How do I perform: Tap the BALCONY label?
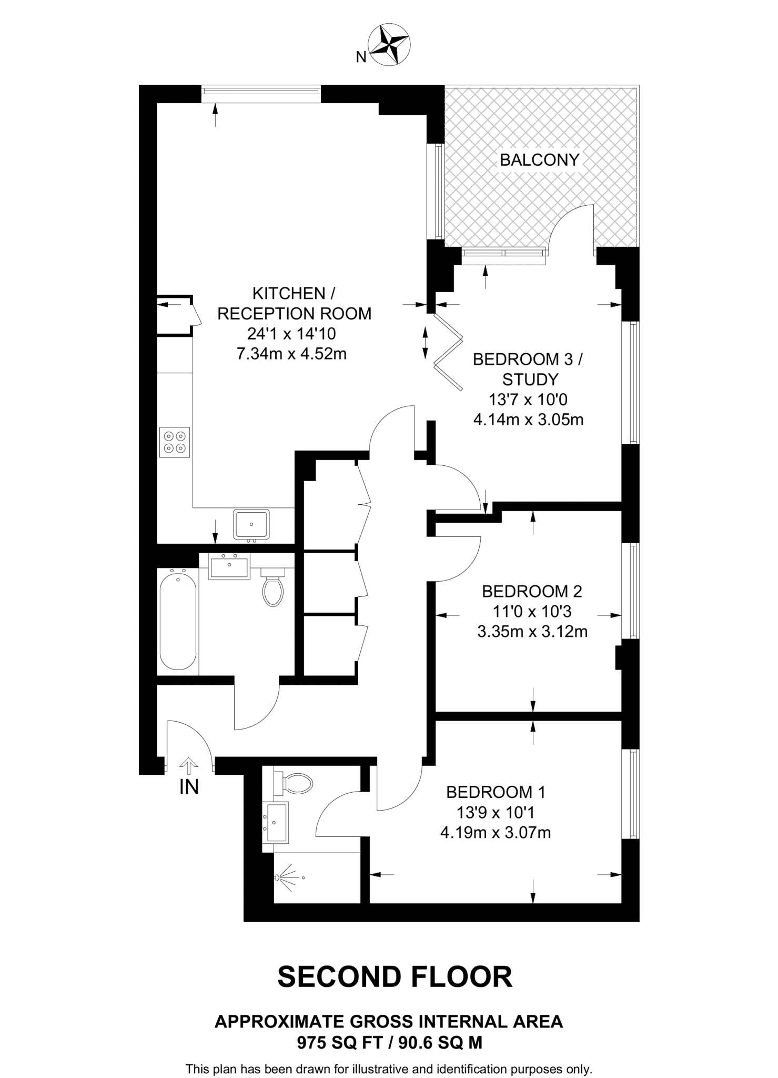(x=539, y=160)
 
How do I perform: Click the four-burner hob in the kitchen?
(x=175, y=442)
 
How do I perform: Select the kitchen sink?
(x=251, y=524)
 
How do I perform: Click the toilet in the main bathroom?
(x=272, y=588)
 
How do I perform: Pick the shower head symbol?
(x=287, y=877)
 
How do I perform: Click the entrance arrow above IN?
(x=188, y=765)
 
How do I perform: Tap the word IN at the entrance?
(x=189, y=787)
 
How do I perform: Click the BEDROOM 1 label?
(x=496, y=792)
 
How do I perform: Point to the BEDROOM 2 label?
(x=532, y=592)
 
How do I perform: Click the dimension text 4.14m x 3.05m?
(x=528, y=420)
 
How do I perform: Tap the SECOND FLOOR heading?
(x=395, y=977)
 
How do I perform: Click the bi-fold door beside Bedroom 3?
(x=448, y=352)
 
